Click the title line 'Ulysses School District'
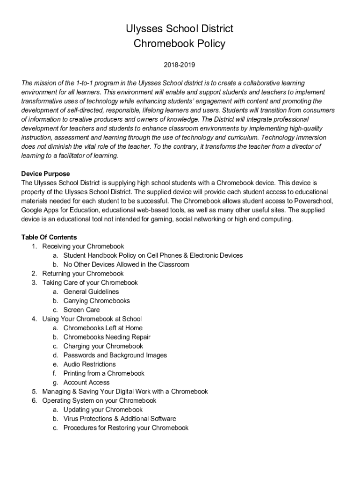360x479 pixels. pos(180,29)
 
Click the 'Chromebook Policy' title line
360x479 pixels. pos(180,44)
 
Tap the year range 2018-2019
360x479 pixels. pos(180,64)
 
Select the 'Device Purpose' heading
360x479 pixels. pos(45,174)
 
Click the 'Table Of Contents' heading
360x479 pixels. pos(49,237)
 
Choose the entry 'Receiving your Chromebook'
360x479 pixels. pos(83,246)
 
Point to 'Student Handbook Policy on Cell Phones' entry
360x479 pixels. pos(153,255)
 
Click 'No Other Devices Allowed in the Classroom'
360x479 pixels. pos(126,264)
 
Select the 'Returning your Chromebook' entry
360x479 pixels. pos(83,273)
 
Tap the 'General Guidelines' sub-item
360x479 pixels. pos(91,291)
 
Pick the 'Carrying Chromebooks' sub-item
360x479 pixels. pos(97,301)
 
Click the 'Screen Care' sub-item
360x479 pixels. pos(81,310)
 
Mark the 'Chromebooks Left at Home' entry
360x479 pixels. pos(103,328)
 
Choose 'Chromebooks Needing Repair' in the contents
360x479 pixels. pos(107,337)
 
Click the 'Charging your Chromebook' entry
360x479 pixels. pos(103,346)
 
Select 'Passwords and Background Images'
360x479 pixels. pos(115,355)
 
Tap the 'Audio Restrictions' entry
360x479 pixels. pos(89,364)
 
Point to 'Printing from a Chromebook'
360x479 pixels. pos(104,373)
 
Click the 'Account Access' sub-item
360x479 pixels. pos(86,382)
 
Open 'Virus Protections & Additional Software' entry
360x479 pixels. pos(120,419)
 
